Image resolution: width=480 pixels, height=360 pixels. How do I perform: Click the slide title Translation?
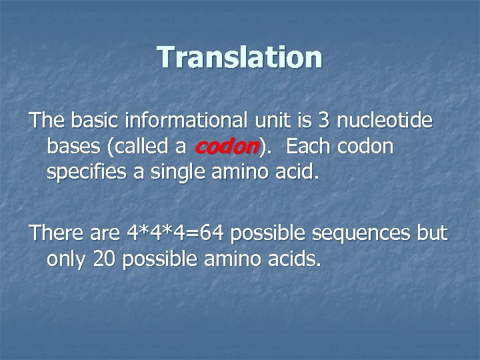(240, 57)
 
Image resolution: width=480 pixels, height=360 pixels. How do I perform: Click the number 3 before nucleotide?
(324, 121)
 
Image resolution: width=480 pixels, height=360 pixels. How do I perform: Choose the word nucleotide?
(385, 121)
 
